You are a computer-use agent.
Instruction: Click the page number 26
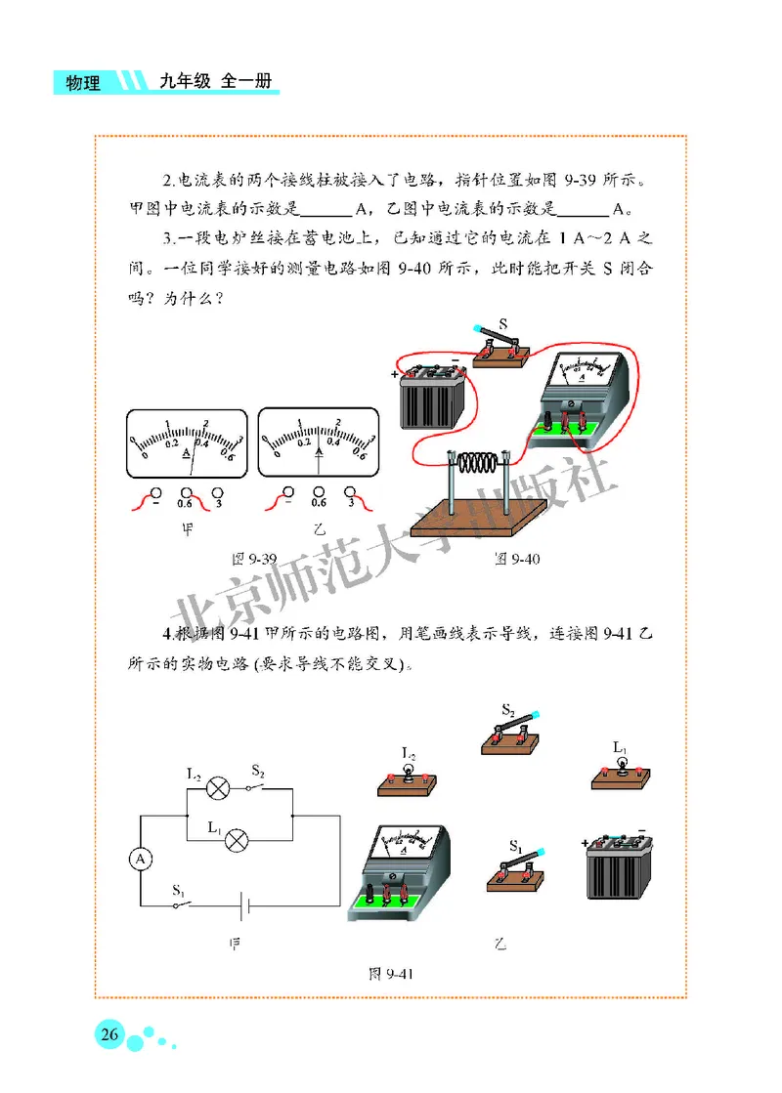pyautogui.click(x=109, y=1034)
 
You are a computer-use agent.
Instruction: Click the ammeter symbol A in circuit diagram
pyautogui.click(x=141, y=858)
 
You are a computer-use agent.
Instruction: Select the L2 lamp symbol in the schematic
pyautogui.click(x=221, y=788)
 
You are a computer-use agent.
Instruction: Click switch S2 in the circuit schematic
pyautogui.click(x=261, y=787)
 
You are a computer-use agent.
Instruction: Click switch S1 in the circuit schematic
pyautogui.click(x=179, y=904)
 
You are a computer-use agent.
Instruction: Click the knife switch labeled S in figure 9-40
pyautogui.click(x=500, y=350)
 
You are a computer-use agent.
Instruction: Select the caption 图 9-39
pyautogui.click(x=253, y=559)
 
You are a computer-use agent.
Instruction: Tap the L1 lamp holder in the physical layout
pyautogui.click(x=621, y=776)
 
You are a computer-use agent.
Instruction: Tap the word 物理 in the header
pyautogui.click(x=82, y=84)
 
